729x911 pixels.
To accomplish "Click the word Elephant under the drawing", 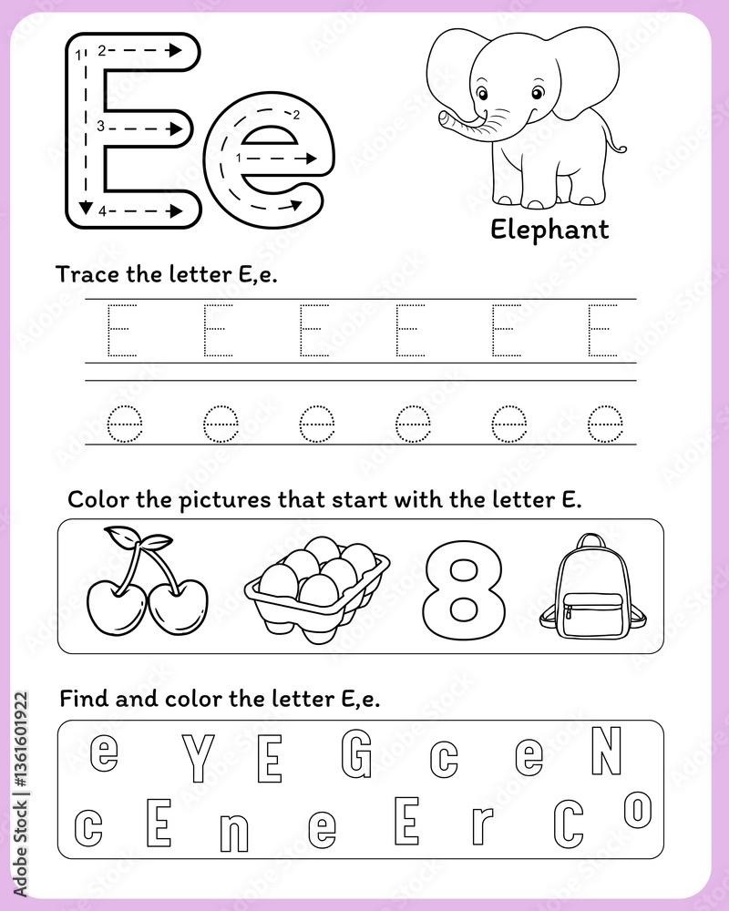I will click(x=549, y=230).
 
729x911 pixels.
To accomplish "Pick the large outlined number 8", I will click(x=463, y=589).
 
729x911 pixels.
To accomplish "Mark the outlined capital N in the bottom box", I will click(x=606, y=752).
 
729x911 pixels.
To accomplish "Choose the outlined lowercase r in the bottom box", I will click(x=481, y=825).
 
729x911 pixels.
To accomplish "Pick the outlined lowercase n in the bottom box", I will click(x=233, y=830).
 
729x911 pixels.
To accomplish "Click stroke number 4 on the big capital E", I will click(x=103, y=211).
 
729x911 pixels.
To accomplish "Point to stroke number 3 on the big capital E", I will click(x=101, y=127).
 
